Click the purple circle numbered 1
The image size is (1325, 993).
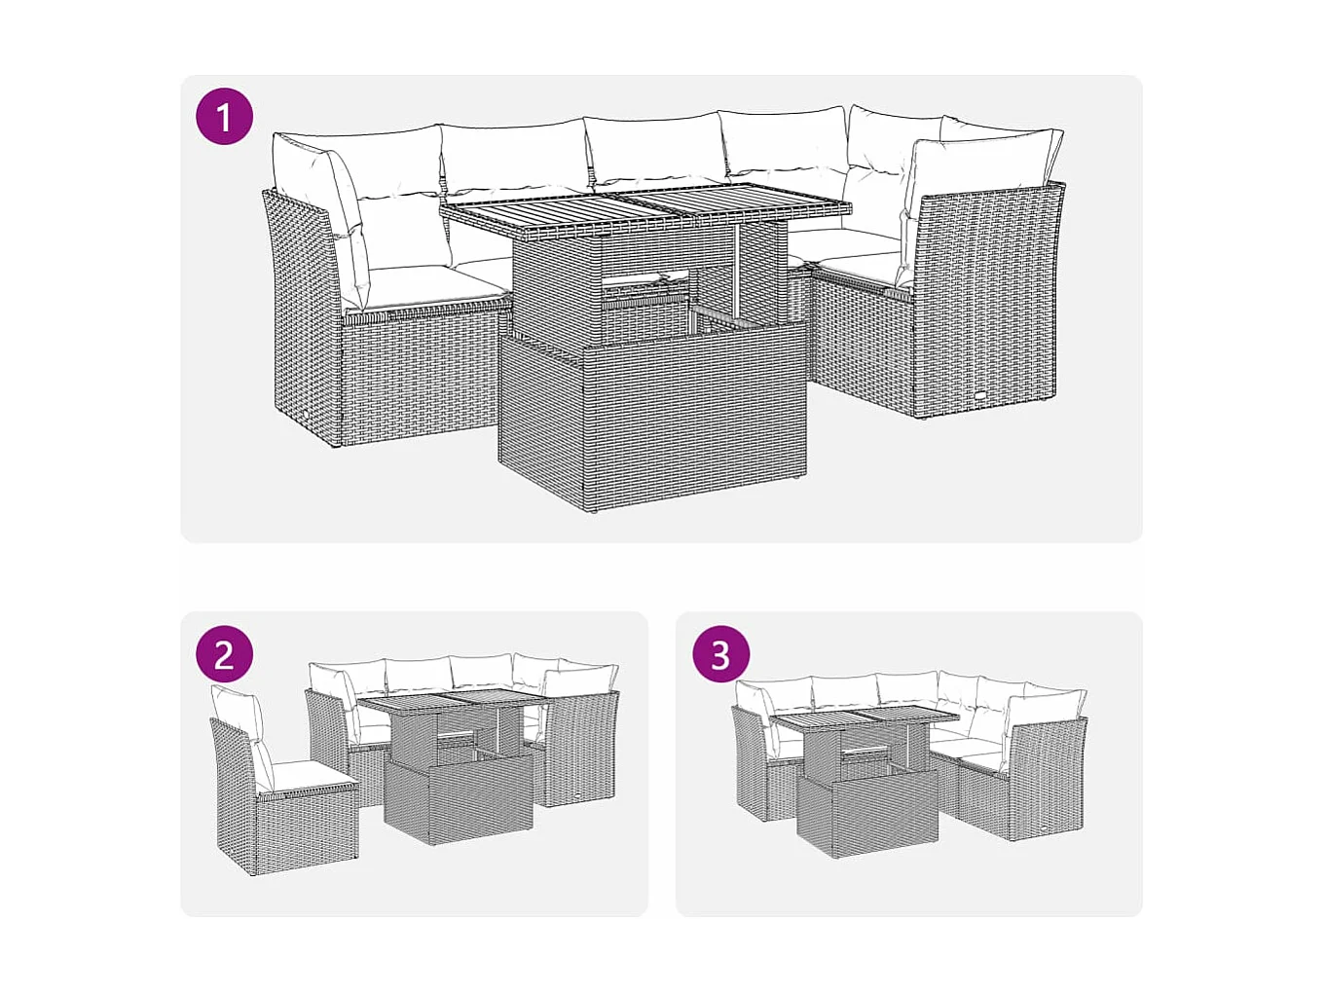(224, 117)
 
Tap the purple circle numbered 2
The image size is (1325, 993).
(224, 654)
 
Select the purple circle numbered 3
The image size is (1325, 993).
(720, 654)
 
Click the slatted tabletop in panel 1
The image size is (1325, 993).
(644, 213)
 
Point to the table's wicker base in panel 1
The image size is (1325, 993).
(652, 419)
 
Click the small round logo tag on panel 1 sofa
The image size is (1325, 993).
(980, 397)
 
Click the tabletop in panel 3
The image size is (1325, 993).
(866, 721)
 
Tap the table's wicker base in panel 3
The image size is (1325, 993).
(866, 818)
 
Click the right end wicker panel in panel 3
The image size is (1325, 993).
(1047, 779)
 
